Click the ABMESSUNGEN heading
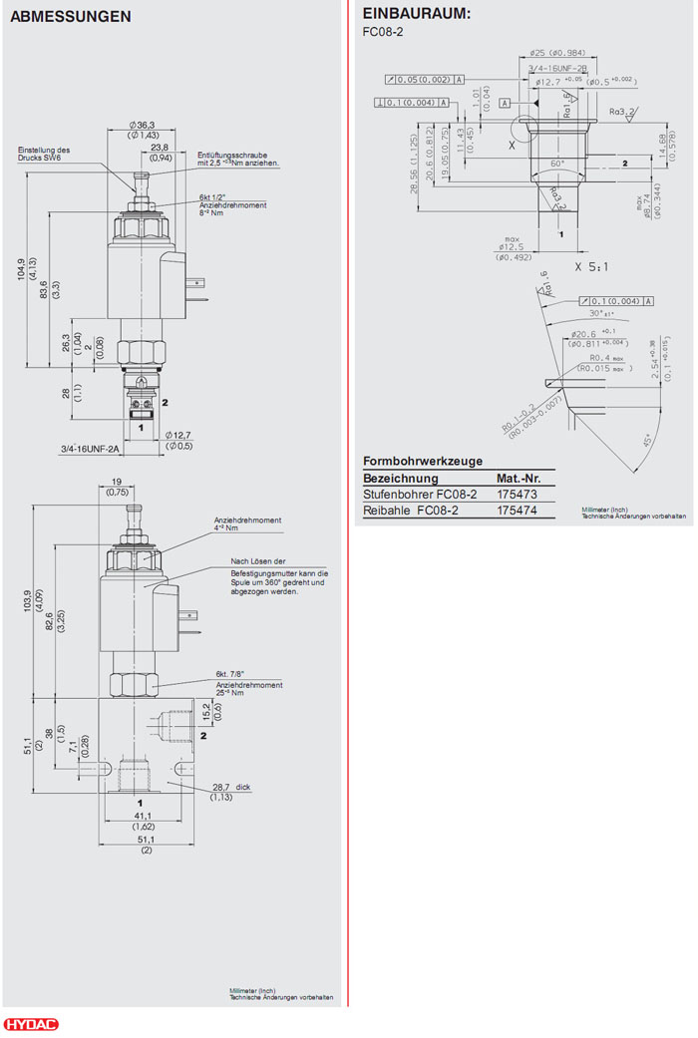pos(70,17)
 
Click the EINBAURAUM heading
pos(416,14)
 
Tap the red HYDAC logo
pos(31,1025)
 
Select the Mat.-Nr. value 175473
pos(517,495)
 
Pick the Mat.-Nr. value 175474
pos(517,511)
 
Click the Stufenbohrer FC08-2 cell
pos(420,495)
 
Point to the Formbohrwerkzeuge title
pos(423,461)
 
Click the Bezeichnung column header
pos(400,478)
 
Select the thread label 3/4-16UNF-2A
pos(89,450)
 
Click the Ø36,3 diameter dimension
pos(143,125)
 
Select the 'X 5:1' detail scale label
pos(592,266)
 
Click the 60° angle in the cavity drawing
pos(556,163)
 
